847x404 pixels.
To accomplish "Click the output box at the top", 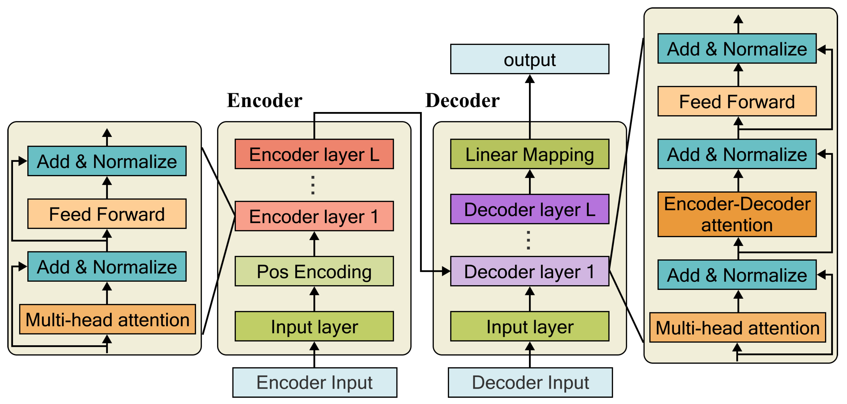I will coord(530,59).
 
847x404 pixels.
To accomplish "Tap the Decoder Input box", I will coord(530,382).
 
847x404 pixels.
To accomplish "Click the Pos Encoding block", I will coord(314,271).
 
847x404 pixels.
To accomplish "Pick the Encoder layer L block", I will coord(314,154).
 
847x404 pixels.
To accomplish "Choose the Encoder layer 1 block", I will coord(314,216).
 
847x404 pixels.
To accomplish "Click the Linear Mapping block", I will coord(530,154).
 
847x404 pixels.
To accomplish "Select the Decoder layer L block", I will coord(530,209).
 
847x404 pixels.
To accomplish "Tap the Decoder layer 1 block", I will coord(530,271).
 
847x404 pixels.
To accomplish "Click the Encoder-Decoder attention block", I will coord(737,214).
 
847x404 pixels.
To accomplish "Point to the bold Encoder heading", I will coord(264,100).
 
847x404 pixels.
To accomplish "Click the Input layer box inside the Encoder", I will coord(314,326).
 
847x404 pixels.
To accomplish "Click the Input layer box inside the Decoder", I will coord(530,326).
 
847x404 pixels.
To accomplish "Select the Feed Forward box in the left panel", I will coord(107,214).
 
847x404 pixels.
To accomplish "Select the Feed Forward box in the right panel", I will coord(737,101).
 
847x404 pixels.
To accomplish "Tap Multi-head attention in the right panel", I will coord(737,328).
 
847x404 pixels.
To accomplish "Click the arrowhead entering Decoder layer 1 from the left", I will coord(446,271).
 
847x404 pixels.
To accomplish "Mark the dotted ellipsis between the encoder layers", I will coord(313,185).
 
